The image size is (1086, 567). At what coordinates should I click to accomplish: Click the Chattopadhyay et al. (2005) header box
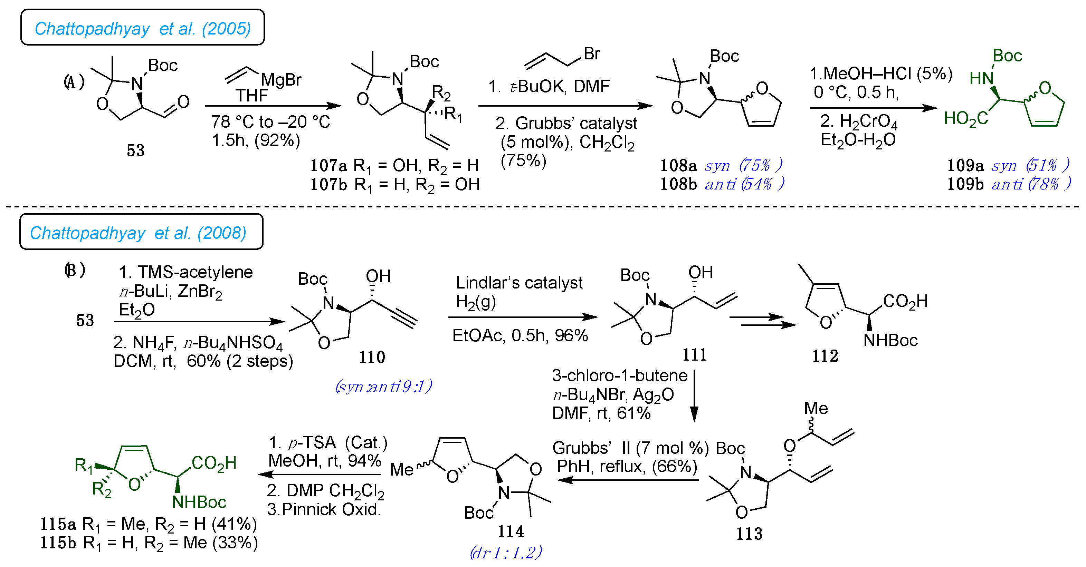[143, 28]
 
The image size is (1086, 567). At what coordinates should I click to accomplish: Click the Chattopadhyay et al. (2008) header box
[141, 232]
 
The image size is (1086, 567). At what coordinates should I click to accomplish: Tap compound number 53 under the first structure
[135, 150]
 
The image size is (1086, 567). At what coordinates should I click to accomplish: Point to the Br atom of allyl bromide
[591, 53]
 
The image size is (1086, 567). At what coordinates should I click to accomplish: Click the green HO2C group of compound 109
[965, 119]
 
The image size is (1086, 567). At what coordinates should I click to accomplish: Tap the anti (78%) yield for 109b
[1030, 184]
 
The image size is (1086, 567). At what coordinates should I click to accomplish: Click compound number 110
[371, 357]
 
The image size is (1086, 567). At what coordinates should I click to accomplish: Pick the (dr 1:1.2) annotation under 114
[505, 552]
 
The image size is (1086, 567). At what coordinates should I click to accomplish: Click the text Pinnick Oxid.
[331, 509]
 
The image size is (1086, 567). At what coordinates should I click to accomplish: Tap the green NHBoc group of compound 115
[199, 502]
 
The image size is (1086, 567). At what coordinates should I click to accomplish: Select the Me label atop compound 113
[816, 408]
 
